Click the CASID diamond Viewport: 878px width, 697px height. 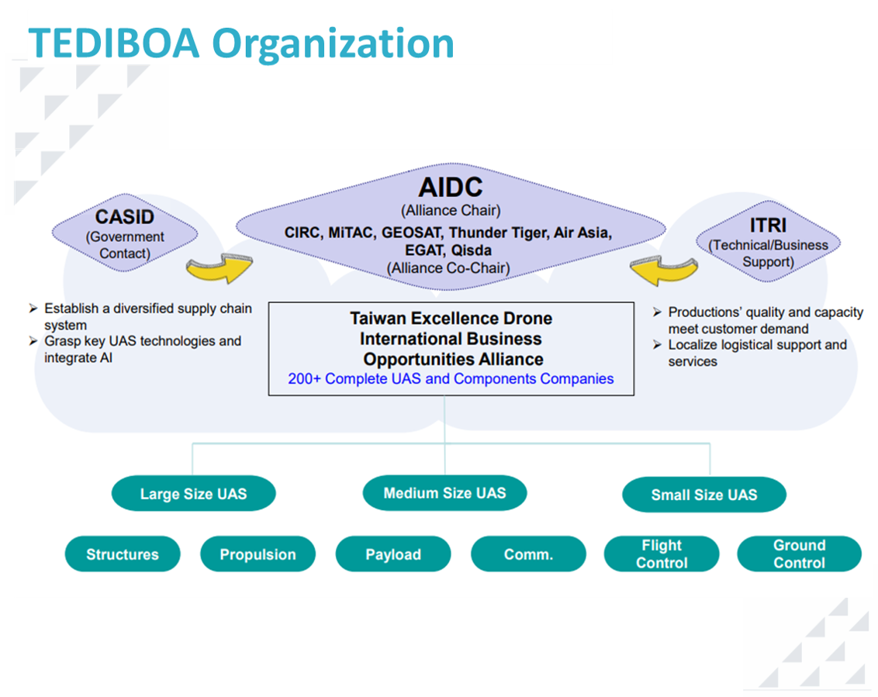coord(125,233)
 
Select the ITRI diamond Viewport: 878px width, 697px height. coord(768,241)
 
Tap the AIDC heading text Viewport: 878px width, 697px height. coord(451,187)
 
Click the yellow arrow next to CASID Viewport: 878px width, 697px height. coord(220,268)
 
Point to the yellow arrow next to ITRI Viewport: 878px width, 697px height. coord(663,270)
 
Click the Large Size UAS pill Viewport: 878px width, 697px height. coord(194,493)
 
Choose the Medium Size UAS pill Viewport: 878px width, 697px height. coord(444,492)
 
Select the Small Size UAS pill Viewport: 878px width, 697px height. coord(703,495)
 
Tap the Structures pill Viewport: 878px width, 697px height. coord(123,554)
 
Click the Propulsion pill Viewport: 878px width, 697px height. coord(258,554)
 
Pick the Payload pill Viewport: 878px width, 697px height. coord(393,554)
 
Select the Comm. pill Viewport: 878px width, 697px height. coord(529,554)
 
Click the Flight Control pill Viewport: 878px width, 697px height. coord(662,554)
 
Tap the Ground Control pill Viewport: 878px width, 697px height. coord(799,554)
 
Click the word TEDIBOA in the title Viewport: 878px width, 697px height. coord(114,43)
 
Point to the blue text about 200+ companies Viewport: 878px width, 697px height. coord(451,378)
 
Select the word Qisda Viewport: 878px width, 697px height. coord(472,250)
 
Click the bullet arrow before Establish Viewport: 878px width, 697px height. coord(33,309)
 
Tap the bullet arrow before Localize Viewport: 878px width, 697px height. coord(658,344)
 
